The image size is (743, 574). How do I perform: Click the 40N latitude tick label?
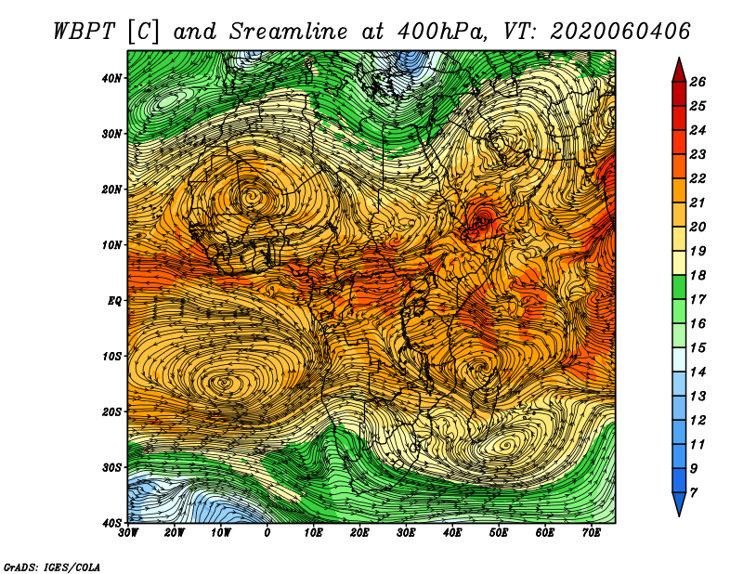click(x=111, y=78)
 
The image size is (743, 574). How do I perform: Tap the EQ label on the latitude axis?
click(x=114, y=301)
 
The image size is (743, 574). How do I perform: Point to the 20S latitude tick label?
click(x=111, y=411)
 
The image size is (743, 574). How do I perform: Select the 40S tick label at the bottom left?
click(x=111, y=523)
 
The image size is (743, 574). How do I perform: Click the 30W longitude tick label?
click(x=128, y=533)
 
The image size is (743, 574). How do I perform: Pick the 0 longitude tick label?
click(x=267, y=533)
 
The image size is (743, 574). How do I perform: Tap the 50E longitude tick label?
click(x=499, y=533)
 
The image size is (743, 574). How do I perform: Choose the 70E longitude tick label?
click(x=591, y=533)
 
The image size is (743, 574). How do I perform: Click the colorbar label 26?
click(x=697, y=82)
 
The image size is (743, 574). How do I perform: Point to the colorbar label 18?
click(x=697, y=275)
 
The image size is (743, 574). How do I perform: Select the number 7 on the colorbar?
click(x=694, y=493)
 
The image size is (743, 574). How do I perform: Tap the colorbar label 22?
click(x=697, y=178)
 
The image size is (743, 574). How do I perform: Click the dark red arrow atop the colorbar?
click(x=679, y=71)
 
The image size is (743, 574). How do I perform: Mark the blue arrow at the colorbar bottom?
click(x=679, y=504)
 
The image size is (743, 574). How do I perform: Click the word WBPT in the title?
click(x=85, y=32)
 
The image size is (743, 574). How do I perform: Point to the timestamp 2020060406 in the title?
click(x=620, y=32)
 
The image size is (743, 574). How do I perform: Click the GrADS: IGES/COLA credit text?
click(x=52, y=567)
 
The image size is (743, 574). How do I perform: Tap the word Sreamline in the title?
click(x=289, y=32)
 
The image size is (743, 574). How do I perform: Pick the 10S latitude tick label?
click(x=111, y=356)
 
